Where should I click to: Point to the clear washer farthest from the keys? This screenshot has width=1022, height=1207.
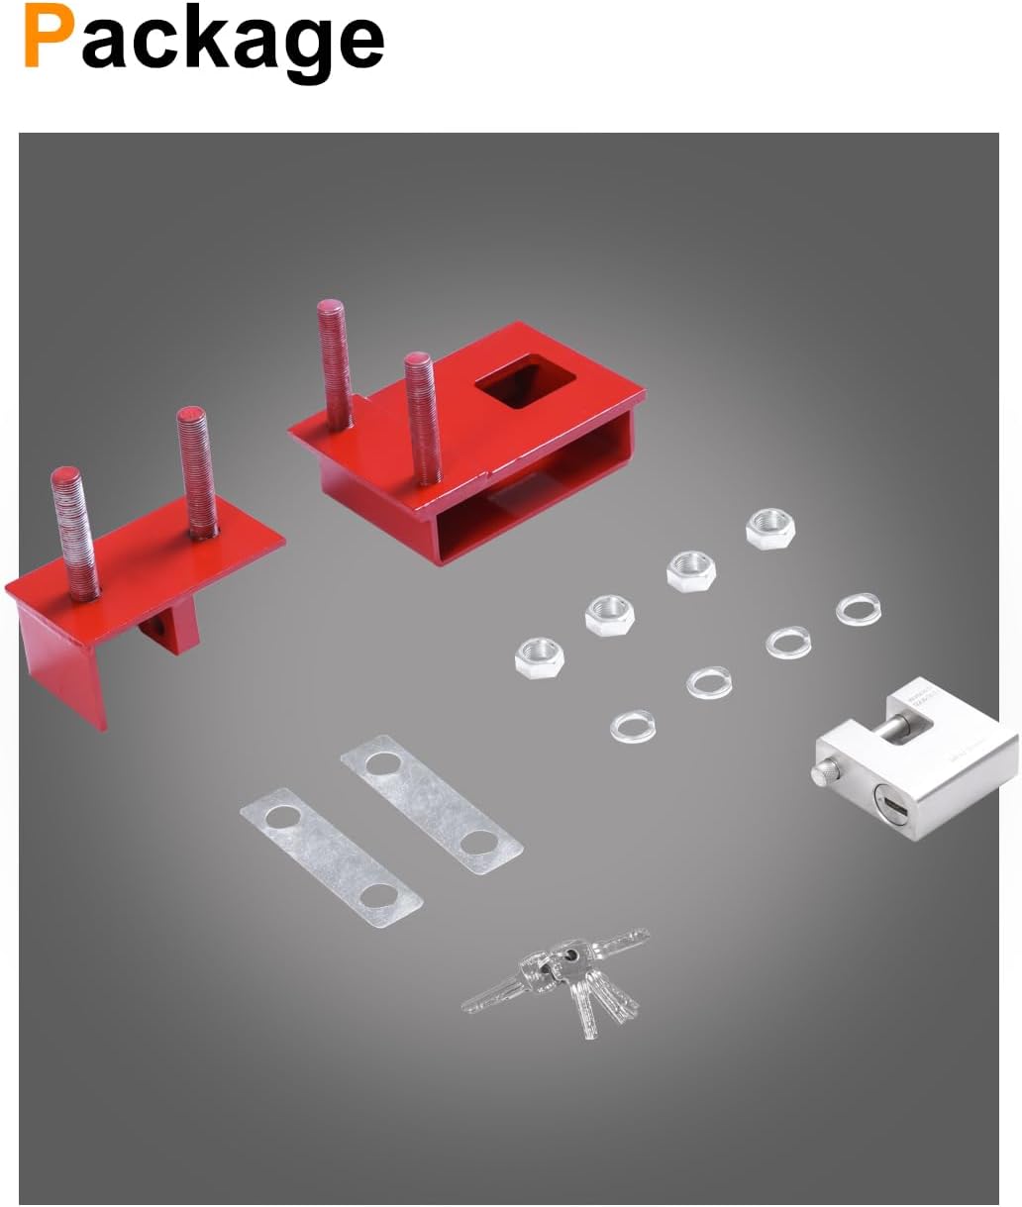point(858,607)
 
